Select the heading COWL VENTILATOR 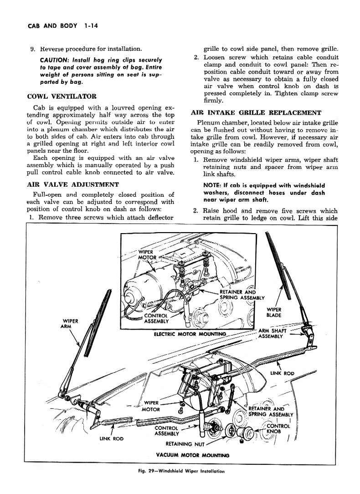[62, 97]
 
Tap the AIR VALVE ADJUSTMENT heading [73, 184]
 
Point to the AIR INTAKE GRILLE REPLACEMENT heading [256, 113]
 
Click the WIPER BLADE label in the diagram [273, 312]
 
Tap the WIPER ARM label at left [71, 324]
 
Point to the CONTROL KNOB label [278, 428]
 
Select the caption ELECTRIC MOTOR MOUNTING [190, 334]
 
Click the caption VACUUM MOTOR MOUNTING [193, 455]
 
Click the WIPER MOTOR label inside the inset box [147, 255]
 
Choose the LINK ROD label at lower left [112, 438]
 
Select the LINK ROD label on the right [282, 373]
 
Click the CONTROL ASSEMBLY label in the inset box [156, 319]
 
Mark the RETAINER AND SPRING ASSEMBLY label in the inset [242, 295]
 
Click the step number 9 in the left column [32, 49]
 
